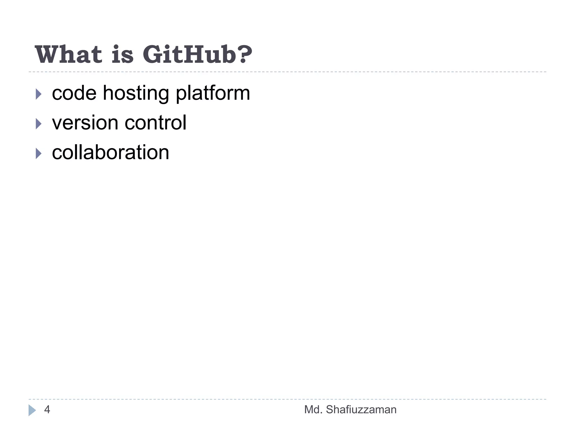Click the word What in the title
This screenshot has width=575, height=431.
[x=69, y=54]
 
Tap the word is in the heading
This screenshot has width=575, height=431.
[x=122, y=54]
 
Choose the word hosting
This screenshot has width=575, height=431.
[x=136, y=93]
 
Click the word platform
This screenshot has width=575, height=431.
[x=213, y=93]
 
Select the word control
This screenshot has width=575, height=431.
[x=156, y=123]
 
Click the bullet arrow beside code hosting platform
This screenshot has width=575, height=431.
[x=38, y=94]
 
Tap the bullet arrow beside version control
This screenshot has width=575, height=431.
[x=38, y=124]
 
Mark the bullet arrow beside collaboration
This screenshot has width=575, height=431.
[x=38, y=153]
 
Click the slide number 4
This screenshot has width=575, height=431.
[x=47, y=410]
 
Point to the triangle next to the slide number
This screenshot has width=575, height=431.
[x=32, y=410]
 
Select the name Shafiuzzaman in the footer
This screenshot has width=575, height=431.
[x=361, y=410]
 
